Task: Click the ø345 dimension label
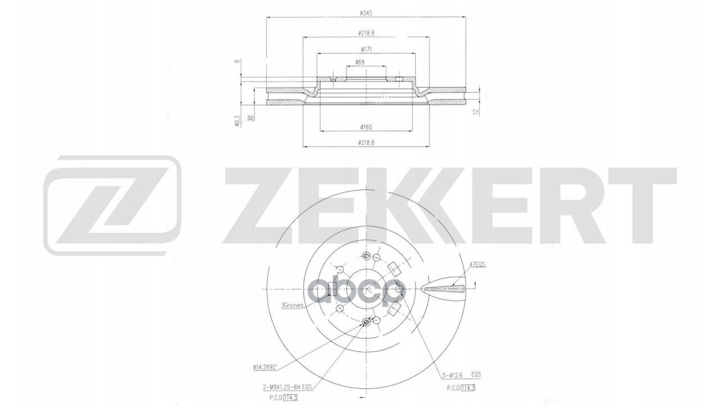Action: (365, 13)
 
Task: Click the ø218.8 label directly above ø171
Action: (365, 32)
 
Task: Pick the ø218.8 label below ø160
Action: (365, 143)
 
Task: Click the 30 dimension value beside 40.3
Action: (250, 118)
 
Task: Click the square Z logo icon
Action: (112, 205)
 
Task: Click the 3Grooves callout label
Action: (292, 305)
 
